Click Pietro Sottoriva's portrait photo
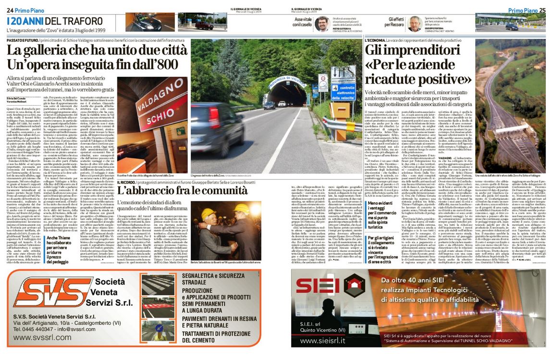pyautogui.click(x=322, y=24)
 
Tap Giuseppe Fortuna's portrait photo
pyautogui.click(x=415, y=24)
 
